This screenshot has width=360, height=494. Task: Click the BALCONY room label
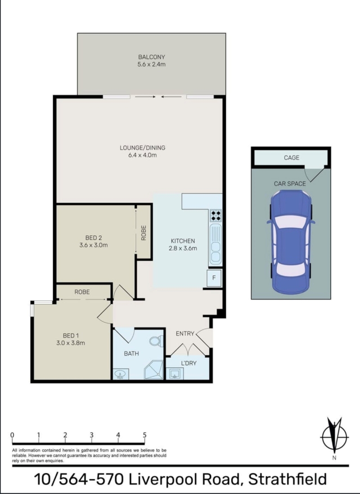click(152, 57)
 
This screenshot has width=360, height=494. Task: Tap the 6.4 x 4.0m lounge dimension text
click(143, 155)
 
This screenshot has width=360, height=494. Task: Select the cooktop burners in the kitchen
click(216, 216)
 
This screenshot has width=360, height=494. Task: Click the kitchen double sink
click(216, 244)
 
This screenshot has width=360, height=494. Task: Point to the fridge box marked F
click(214, 278)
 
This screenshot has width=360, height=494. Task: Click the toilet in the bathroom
click(157, 341)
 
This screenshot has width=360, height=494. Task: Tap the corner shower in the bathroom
click(154, 370)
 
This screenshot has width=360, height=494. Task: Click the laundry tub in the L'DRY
click(175, 374)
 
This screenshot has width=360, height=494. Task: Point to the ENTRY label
click(185, 334)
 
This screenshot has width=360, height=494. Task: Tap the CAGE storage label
click(292, 158)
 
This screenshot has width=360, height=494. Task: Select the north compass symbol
click(334, 437)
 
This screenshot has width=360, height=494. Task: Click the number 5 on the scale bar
click(144, 435)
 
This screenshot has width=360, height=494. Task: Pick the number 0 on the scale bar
click(12, 435)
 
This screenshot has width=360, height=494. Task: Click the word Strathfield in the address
click(288, 479)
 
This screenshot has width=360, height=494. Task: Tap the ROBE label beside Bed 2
click(144, 233)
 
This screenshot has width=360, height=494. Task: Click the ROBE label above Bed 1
click(82, 292)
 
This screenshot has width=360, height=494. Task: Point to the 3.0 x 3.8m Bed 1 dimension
click(71, 343)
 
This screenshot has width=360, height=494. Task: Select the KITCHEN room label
click(183, 241)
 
